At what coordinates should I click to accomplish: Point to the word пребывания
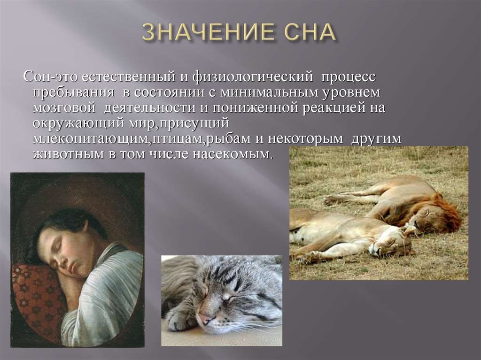tap(73, 92)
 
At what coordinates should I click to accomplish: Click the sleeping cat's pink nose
tap(205, 318)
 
